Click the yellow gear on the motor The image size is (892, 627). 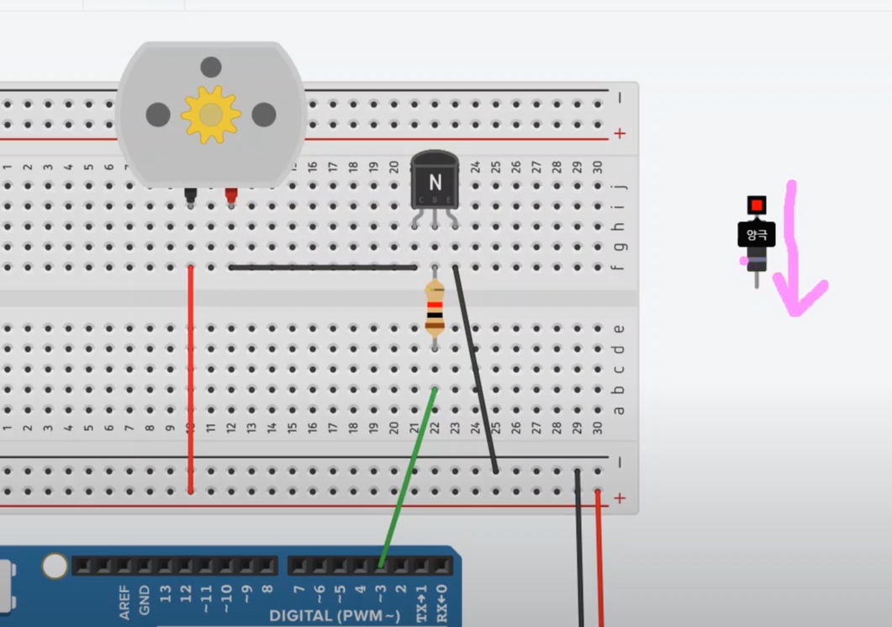(x=210, y=114)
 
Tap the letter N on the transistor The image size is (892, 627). (x=435, y=182)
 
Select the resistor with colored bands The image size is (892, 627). (x=435, y=308)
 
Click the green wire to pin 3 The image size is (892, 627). (x=408, y=476)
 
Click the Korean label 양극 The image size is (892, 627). (x=756, y=235)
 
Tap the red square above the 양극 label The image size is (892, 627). (x=757, y=205)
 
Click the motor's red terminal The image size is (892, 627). (x=231, y=197)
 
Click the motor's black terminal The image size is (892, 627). (x=191, y=197)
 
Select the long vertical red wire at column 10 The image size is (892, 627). (x=191, y=379)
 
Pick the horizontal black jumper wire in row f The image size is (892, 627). (x=323, y=268)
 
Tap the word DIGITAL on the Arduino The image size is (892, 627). (x=302, y=616)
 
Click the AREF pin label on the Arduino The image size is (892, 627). (x=124, y=602)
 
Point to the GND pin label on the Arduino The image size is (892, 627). (x=145, y=599)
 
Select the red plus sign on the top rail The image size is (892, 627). (x=620, y=134)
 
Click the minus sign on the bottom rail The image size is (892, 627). (x=620, y=462)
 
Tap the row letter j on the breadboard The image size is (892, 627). (x=620, y=186)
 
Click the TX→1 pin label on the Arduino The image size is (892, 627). (x=422, y=603)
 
